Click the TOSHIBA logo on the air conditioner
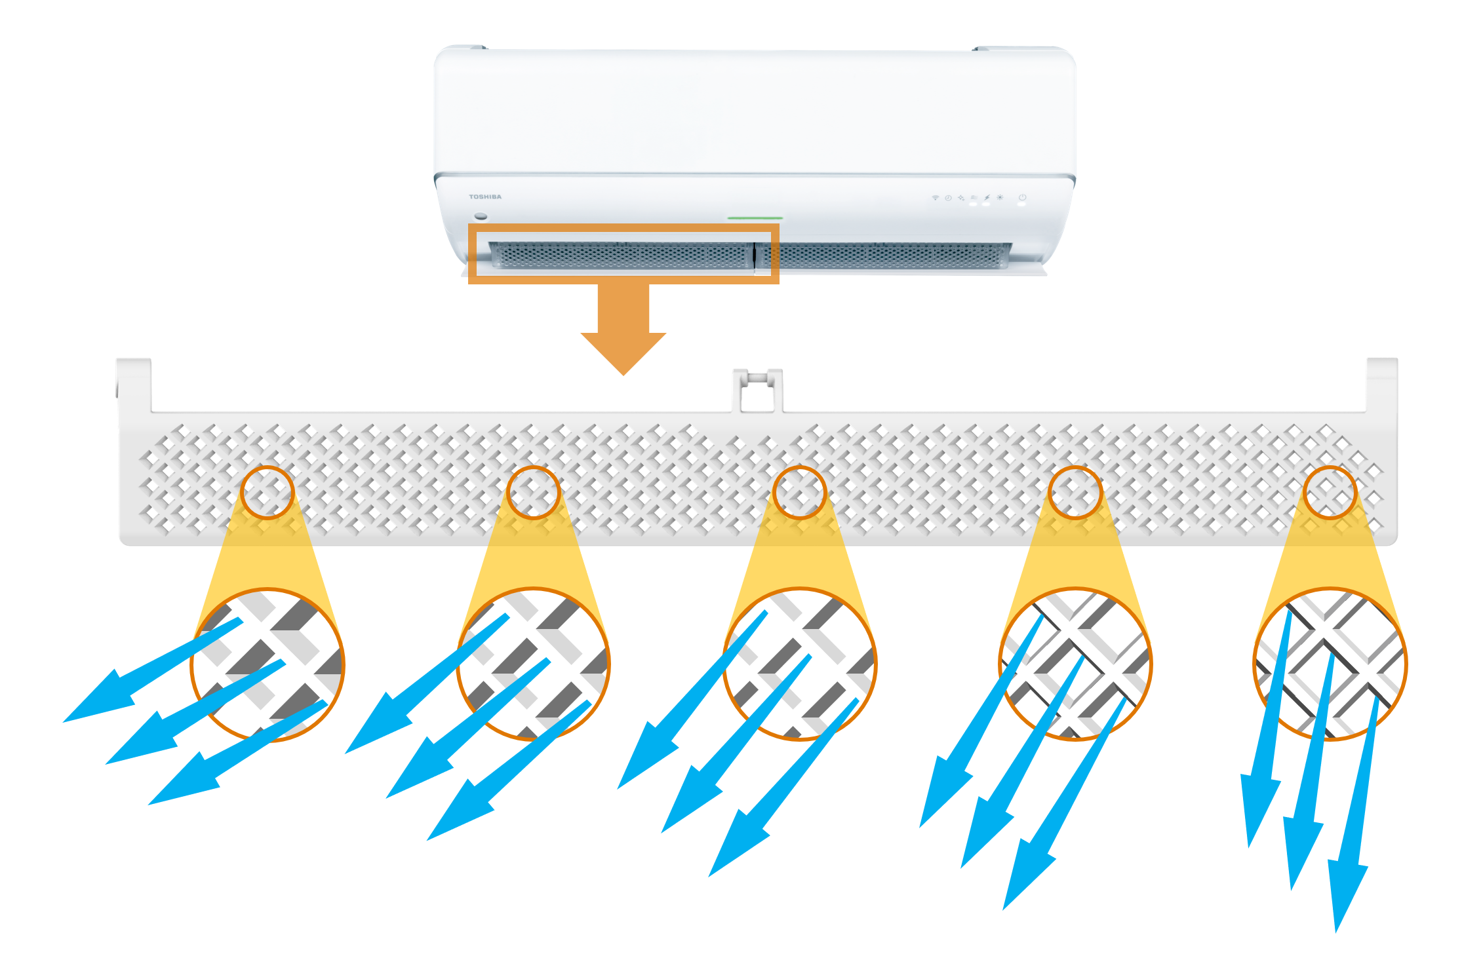point(485,197)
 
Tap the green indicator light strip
point(755,218)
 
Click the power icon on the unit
point(1022,197)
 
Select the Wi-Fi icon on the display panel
point(936,197)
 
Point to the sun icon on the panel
point(1000,197)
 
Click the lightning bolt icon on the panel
point(987,197)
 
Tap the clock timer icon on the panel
point(948,197)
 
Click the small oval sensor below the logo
point(481,216)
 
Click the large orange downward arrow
point(623,328)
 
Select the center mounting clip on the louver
point(757,391)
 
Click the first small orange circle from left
point(267,493)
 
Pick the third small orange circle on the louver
point(800,493)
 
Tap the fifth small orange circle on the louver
point(1330,493)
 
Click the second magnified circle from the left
point(534,664)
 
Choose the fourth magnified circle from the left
point(1075,664)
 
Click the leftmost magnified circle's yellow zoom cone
point(267,557)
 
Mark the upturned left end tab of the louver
point(134,383)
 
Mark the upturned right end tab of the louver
point(1382,383)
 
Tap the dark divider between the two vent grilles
point(755,256)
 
